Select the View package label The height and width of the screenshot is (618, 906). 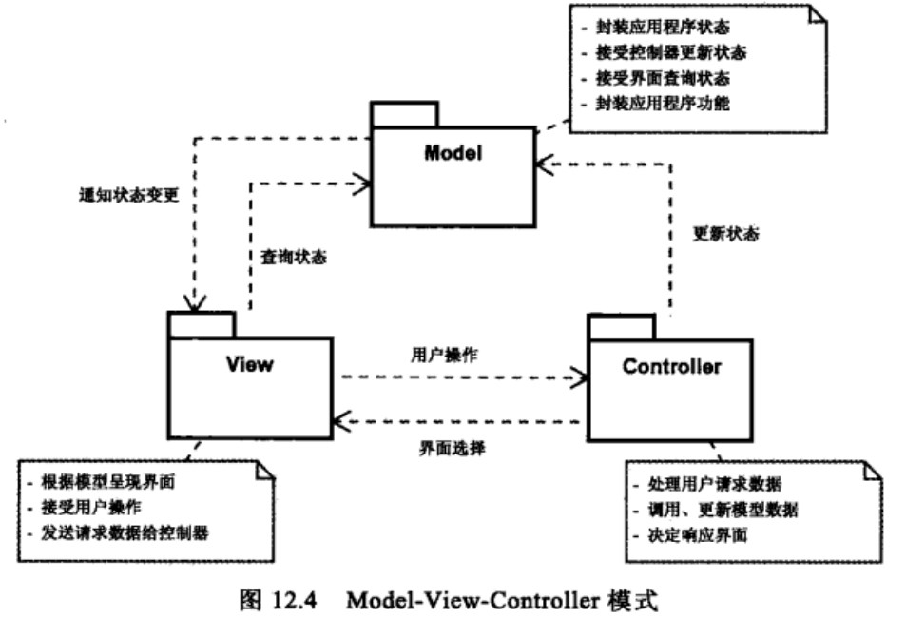249,362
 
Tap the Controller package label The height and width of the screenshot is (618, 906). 671,365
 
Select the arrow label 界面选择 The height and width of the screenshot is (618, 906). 445,448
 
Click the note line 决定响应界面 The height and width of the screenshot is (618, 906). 697,535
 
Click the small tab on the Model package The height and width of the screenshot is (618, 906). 404,114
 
